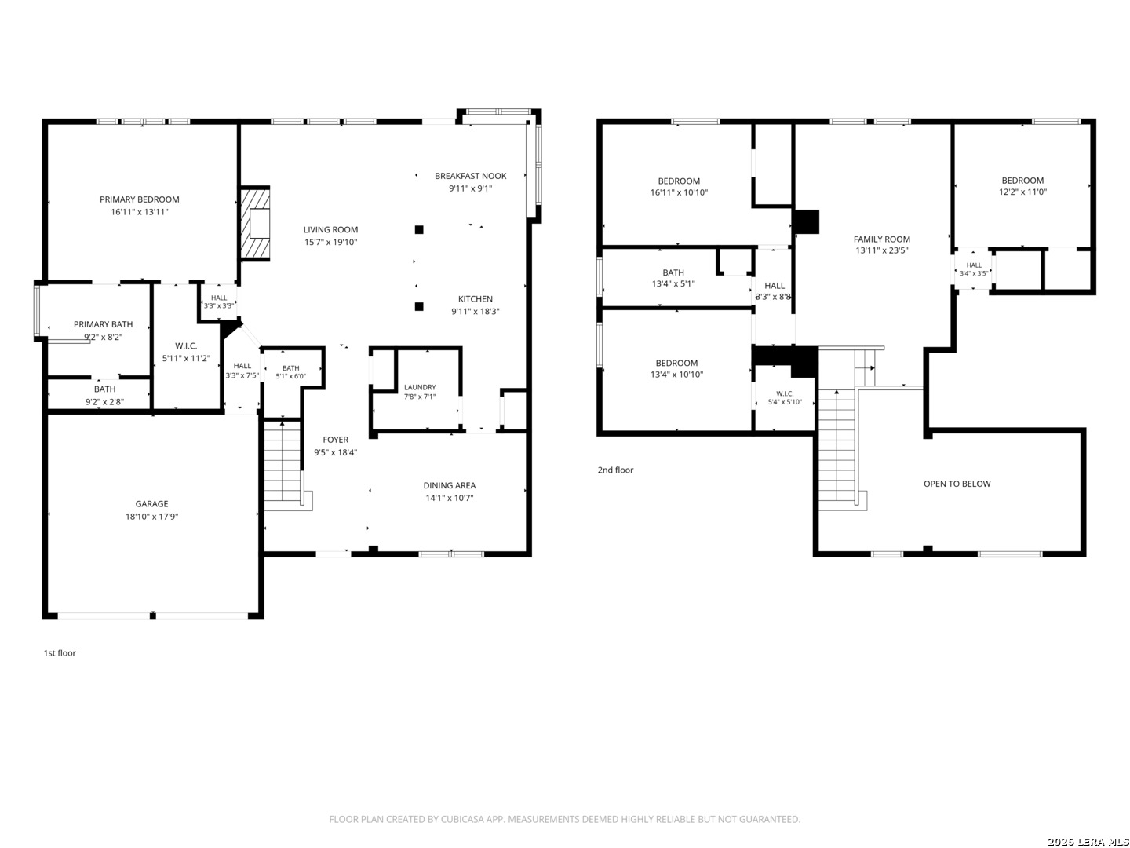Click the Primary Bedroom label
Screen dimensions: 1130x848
pos(139,199)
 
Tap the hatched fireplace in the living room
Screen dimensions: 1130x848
pos(254,224)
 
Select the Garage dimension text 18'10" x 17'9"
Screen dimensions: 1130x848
pos(151,517)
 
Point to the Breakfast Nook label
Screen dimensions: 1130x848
pos(470,176)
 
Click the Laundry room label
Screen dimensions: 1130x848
pos(420,387)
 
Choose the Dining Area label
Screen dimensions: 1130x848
pos(449,485)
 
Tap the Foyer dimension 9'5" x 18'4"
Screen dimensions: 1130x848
pos(335,452)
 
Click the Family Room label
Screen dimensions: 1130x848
pos(881,239)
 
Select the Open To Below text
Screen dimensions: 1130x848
pos(957,484)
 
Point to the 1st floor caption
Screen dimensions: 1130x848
pos(59,652)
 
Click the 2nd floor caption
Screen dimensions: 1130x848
pos(615,470)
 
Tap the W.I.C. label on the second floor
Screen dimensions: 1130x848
pos(785,393)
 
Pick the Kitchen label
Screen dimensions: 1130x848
pos(476,298)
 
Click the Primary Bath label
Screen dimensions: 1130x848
pos(103,323)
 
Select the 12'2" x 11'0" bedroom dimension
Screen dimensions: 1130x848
pos(1022,192)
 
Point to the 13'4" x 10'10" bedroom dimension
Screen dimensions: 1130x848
pos(676,375)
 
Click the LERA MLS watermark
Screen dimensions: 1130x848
pos(1088,841)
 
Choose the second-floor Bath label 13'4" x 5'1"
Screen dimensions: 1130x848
pos(673,272)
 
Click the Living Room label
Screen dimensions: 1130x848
pos(330,229)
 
